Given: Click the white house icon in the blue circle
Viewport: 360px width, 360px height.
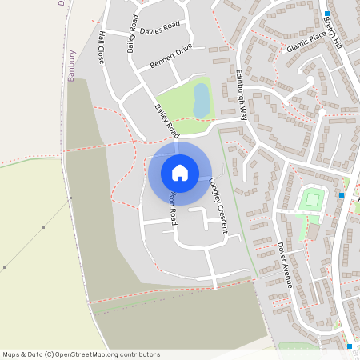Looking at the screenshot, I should [179, 172].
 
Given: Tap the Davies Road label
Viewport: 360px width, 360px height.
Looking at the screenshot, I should [159, 29].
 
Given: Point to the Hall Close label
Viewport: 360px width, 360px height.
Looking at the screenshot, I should [102, 49].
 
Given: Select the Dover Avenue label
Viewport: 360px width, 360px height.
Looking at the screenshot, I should [286, 264].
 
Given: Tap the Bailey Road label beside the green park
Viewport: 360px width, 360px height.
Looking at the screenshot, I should [166, 121].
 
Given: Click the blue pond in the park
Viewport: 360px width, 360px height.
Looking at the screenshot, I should [202, 100].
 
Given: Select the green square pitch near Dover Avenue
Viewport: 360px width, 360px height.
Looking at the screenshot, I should [311, 199].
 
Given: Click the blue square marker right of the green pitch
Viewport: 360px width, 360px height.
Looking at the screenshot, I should [342, 195].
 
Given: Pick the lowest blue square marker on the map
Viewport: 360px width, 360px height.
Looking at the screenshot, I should [350, 346].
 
